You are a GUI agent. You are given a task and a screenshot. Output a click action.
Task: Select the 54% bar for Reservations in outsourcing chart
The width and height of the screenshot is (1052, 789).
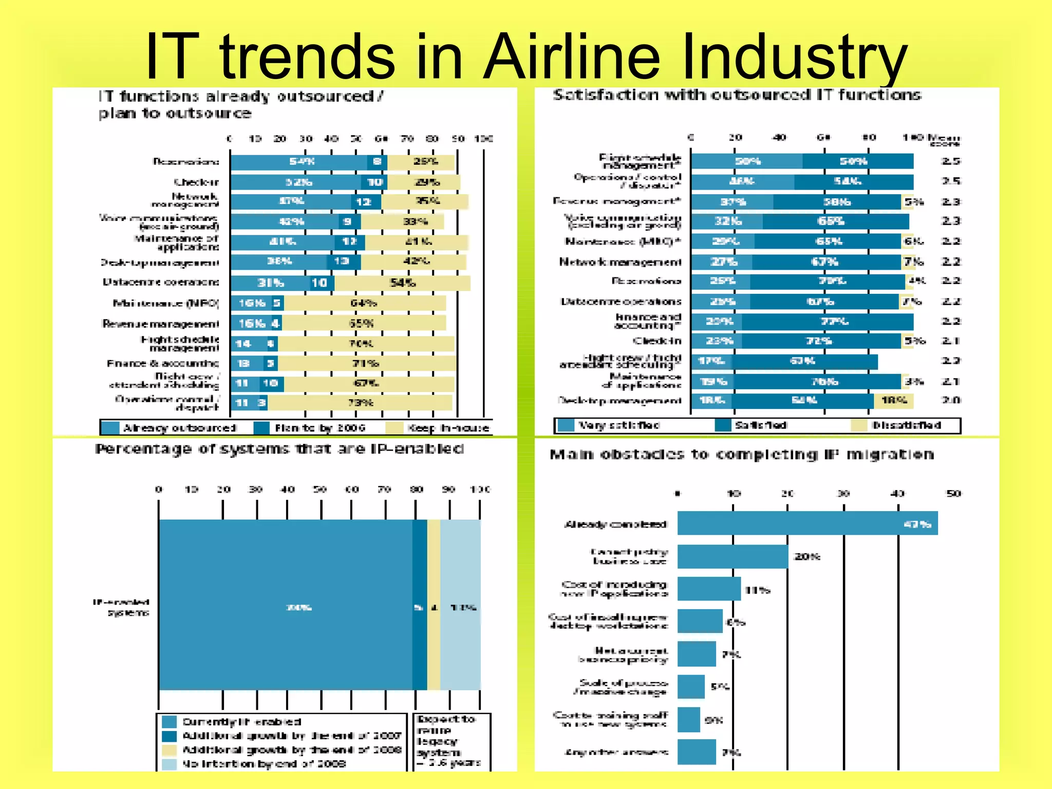[299, 162]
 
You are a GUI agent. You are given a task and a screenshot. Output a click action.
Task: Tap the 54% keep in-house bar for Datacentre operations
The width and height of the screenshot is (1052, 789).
[402, 283]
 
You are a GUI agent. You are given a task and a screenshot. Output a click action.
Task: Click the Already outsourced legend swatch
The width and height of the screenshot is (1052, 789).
[110, 427]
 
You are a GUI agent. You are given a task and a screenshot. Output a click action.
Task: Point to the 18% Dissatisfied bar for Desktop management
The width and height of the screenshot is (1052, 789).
[893, 401]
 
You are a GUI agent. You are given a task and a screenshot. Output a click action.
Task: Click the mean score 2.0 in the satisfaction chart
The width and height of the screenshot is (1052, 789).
[951, 401]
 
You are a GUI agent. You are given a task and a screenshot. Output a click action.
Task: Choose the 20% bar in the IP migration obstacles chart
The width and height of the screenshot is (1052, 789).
[732, 556]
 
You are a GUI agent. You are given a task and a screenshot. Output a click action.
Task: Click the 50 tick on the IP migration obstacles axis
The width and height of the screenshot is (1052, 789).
[953, 494]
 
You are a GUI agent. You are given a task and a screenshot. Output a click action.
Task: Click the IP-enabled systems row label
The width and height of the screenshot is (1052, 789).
[122, 607]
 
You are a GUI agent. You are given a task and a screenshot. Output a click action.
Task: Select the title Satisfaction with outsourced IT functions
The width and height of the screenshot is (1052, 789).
[737, 95]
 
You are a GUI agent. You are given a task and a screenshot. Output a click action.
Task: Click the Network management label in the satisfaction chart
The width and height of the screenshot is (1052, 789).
[620, 262]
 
